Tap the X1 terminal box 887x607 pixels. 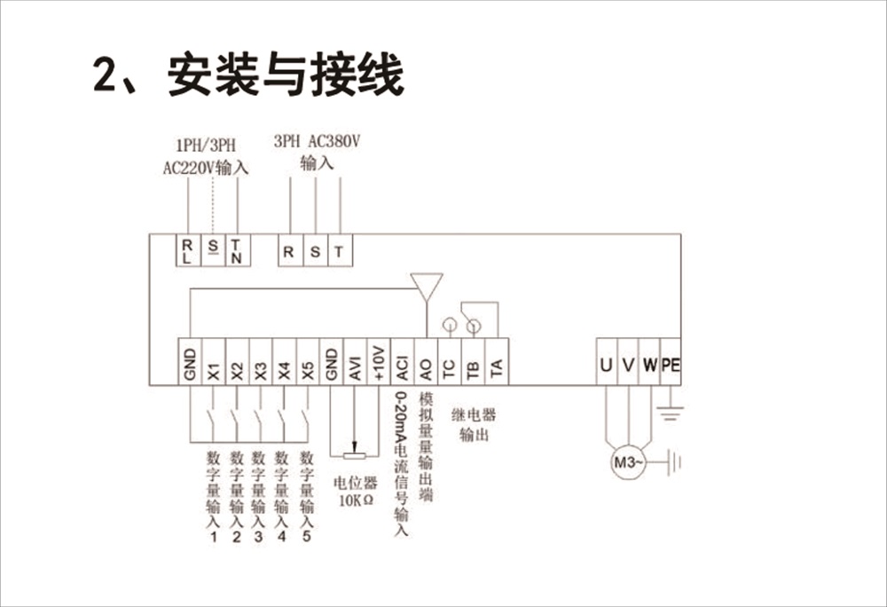click(213, 361)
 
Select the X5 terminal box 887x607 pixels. click(307, 361)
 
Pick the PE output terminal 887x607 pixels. click(671, 364)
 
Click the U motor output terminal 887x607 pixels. click(607, 364)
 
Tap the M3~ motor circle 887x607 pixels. click(627, 461)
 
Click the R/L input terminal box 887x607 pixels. click(188, 250)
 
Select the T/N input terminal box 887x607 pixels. click(237, 250)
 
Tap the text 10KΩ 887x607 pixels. click(356, 500)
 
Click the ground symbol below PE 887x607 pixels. click(671, 411)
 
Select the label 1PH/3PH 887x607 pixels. click(206, 146)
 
